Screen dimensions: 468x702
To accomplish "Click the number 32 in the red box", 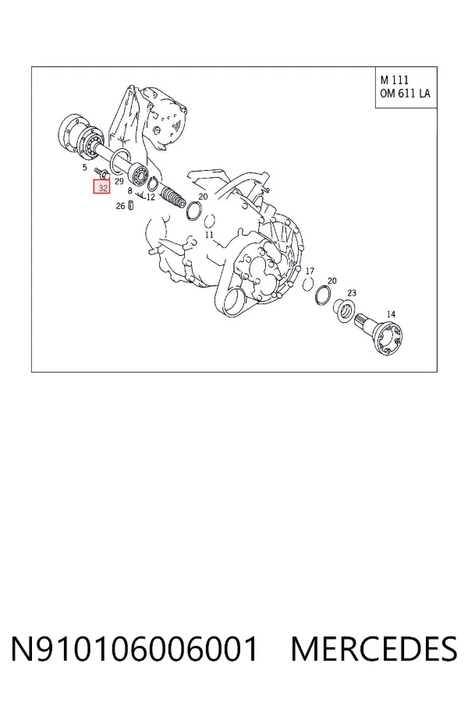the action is (x=103, y=187).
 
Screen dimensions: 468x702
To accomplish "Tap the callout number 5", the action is (x=85, y=168).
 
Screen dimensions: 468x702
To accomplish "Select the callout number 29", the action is (x=119, y=181).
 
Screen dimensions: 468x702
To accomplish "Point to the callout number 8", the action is (x=130, y=191).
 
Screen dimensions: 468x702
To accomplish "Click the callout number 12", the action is (x=151, y=197).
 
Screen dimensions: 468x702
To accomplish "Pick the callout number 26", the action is (x=120, y=206).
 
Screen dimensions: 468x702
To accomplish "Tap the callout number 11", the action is (x=209, y=235).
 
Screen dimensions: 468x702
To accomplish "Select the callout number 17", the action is (x=310, y=271).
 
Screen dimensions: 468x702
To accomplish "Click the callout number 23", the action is (x=352, y=292).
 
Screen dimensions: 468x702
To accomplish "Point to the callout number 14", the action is (x=391, y=314).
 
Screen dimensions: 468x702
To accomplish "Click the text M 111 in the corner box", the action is (x=395, y=80).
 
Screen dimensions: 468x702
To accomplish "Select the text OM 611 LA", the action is (x=406, y=93).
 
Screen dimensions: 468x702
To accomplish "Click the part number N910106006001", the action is (x=135, y=649).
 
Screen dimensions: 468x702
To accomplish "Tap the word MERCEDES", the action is (x=374, y=649).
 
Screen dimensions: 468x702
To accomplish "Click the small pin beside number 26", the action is (x=131, y=205).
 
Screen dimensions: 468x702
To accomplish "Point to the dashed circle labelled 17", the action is (x=307, y=284).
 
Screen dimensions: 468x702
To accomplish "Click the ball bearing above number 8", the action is (x=138, y=173).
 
